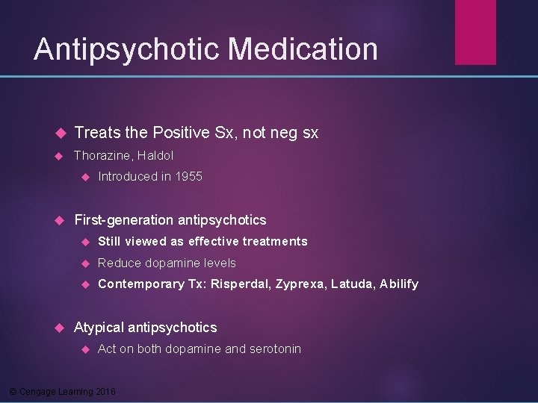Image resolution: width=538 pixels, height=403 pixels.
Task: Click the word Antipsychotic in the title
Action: coord(127,49)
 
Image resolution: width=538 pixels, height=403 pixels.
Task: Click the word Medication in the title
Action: coord(303,49)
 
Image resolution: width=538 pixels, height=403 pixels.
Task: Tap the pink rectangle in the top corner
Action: coord(476,31)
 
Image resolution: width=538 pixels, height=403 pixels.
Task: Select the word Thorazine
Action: coord(102,155)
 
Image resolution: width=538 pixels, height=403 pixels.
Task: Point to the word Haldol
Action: coord(155,155)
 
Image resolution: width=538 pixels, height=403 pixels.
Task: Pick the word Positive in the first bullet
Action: coord(181,133)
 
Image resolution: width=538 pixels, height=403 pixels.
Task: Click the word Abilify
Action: coord(399,284)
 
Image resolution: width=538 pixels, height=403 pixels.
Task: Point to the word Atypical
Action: coord(99,327)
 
